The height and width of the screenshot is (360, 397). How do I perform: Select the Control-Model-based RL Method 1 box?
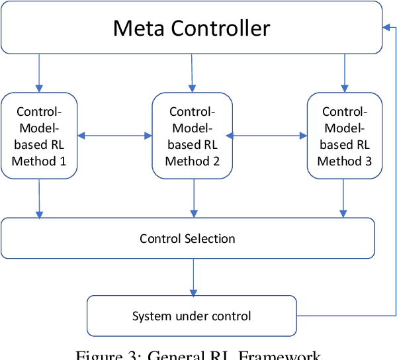tap(39, 136)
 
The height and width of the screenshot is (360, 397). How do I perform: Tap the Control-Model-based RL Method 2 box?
tap(193, 136)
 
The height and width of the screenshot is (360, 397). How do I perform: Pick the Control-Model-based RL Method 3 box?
tap(345, 136)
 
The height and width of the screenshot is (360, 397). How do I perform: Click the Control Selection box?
tap(187, 238)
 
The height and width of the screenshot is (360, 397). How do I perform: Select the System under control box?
tap(192, 316)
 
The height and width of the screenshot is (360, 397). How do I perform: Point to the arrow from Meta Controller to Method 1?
tap(39, 73)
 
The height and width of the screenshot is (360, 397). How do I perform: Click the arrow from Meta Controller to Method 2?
tap(193, 73)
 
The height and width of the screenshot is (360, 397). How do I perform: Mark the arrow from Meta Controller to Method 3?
tap(344, 73)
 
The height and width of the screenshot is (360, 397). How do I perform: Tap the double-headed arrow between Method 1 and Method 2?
tap(115, 136)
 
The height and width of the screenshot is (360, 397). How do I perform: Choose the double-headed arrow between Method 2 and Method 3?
tap(269, 136)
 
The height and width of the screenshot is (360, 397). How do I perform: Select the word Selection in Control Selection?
tap(210, 238)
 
